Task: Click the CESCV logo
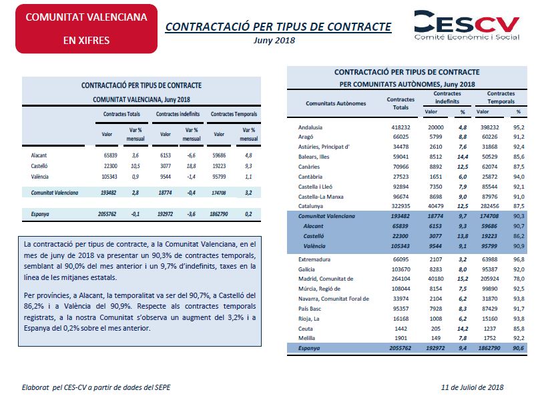pos(467,25)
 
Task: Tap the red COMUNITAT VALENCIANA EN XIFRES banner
pos(86,29)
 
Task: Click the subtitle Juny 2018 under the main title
pos(274,41)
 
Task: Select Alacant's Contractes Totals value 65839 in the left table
pos(109,155)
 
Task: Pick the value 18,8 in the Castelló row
pos(191,166)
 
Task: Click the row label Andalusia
pos(310,127)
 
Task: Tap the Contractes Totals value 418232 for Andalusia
pos(400,127)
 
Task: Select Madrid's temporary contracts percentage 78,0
pos(519,279)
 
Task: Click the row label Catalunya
pos(310,206)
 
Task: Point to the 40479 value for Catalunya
pos(436,206)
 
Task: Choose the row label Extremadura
pos(314,259)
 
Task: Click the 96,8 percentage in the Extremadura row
pos(519,259)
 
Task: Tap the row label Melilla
pos(306,338)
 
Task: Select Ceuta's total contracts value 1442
pos(400,329)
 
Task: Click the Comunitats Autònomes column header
pos(336,103)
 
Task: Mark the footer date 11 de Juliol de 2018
pos(472,387)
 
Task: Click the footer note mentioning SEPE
pos(96,387)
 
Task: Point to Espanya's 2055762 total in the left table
pos(107,214)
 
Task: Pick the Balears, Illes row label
pos(314,157)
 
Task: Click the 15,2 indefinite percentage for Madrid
pos(463,279)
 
